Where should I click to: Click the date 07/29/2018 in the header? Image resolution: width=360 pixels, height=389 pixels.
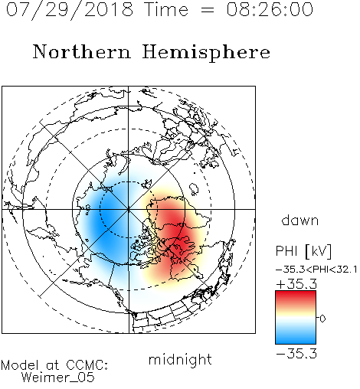coord(70,10)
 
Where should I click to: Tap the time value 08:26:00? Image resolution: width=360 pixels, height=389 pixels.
coord(270,9)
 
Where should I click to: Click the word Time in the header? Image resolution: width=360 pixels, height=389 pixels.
coord(166,9)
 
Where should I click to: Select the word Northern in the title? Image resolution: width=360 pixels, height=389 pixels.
coord(82,51)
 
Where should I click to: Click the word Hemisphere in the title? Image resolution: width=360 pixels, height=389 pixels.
coord(206,53)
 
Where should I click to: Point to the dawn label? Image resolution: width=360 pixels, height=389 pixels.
coord(300,220)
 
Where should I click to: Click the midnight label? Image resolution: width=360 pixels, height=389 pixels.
coord(180,359)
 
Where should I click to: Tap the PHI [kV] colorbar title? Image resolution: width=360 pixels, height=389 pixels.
coord(303,251)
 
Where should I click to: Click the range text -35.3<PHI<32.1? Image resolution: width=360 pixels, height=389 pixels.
coord(316,270)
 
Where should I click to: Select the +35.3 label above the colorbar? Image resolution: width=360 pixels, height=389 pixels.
coord(296,284)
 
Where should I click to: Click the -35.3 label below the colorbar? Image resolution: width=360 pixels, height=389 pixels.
coord(296,354)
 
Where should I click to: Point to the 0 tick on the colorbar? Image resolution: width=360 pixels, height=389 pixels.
coord(322,319)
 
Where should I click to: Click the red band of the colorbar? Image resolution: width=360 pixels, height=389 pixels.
coord(296,298)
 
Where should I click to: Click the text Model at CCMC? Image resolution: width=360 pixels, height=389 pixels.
coord(54,365)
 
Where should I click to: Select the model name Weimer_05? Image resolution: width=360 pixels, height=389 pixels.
coord(58,378)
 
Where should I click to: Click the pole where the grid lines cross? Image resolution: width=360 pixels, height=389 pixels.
coord(129,209)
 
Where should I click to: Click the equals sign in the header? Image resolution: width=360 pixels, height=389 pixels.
coord(207,10)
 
